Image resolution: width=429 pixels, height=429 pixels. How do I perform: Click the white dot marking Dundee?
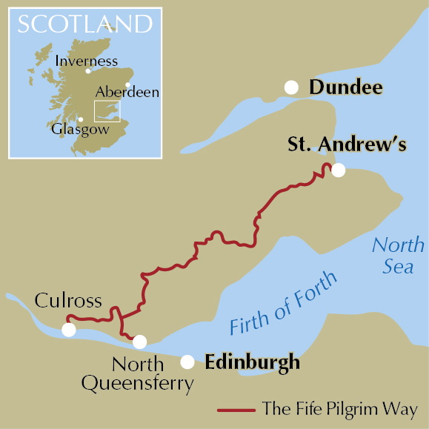(x=292, y=87)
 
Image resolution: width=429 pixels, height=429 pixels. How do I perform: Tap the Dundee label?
(x=346, y=88)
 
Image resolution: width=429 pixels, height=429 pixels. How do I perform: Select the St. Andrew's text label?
(x=347, y=145)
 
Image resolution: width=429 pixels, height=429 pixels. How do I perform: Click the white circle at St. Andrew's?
(x=338, y=170)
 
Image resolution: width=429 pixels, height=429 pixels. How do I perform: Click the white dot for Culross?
(x=69, y=330)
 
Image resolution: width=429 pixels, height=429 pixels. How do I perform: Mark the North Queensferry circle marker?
(x=139, y=342)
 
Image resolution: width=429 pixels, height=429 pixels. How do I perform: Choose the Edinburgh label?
(x=252, y=362)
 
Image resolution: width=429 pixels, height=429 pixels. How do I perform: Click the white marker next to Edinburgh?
(x=188, y=362)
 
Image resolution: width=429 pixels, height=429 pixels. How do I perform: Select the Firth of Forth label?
(x=283, y=304)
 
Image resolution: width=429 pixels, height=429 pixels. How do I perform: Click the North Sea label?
(x=398, y=256)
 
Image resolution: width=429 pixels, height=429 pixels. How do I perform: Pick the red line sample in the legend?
(x=236, y=409)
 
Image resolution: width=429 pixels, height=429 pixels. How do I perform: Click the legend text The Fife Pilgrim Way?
(x=339, y=409)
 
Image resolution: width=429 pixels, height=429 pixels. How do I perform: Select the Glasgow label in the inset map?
(x=80, y=129)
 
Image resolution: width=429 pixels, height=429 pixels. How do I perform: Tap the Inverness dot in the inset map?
(x=88, y=71)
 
